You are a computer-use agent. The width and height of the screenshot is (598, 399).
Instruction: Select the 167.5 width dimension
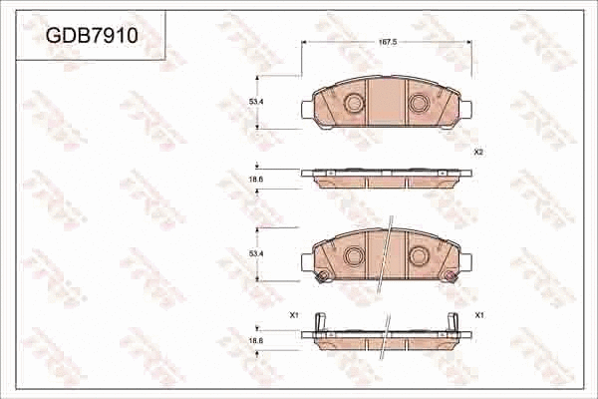click(x=389, y=43)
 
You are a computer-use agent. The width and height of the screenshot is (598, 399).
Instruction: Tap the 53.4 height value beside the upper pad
click(x=255, y=102)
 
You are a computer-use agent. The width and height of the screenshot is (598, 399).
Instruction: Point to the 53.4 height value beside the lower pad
click(x=255, y=254)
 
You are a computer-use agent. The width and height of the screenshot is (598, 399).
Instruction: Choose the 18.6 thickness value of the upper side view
click(x=255, y=179)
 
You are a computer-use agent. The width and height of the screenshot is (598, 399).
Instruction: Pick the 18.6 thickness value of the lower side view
click(x=255, y=341)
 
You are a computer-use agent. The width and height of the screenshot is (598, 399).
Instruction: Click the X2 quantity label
click(x=478, y=152)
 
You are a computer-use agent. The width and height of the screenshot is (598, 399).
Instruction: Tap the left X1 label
click(x=294, y=315)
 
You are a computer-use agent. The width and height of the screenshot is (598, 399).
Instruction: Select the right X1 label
click(x=479, y=315)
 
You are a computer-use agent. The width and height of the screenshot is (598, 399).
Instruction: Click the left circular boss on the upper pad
click(x=353, y=103)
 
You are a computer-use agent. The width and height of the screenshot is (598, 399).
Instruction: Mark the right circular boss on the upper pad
click(x=419, y=103)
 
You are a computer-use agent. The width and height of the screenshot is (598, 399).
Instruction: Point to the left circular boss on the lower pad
click(x=353, y=255)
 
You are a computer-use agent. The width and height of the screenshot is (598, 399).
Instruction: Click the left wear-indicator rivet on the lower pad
click(x=321, y=277)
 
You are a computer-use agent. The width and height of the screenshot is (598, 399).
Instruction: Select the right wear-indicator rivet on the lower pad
click(x=450, y=277)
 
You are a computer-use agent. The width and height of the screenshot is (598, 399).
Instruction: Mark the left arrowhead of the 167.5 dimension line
click(x=304, y=43)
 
